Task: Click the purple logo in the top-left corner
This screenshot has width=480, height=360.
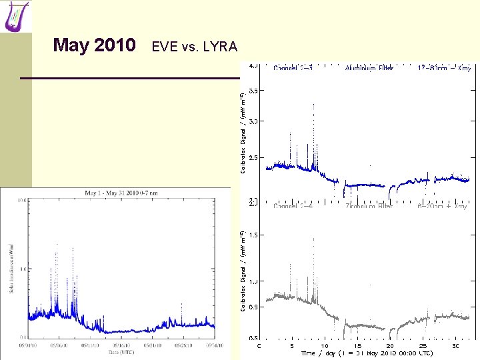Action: pos(17,17)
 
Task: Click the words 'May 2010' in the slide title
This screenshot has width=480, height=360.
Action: pos(95,45)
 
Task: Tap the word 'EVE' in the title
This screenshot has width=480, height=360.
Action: pos(165,47)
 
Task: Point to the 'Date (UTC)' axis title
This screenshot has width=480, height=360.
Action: pos(121,351)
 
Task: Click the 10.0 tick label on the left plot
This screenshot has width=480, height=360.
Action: pos(22,200)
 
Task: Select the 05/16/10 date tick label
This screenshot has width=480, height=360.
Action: pos(122,345)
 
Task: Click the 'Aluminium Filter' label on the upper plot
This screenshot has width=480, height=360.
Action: pos(370,67)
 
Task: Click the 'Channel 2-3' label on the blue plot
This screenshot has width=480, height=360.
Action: pos(293,67)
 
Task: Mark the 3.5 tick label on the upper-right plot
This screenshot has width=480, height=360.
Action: pos(254,90)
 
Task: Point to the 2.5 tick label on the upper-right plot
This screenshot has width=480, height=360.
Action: pos(254,157)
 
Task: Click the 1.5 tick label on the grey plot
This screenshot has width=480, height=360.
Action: pos(254,235)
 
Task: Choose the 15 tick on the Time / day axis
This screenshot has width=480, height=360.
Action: pos(357,345)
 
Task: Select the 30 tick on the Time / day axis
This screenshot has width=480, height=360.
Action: pos(454,345)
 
